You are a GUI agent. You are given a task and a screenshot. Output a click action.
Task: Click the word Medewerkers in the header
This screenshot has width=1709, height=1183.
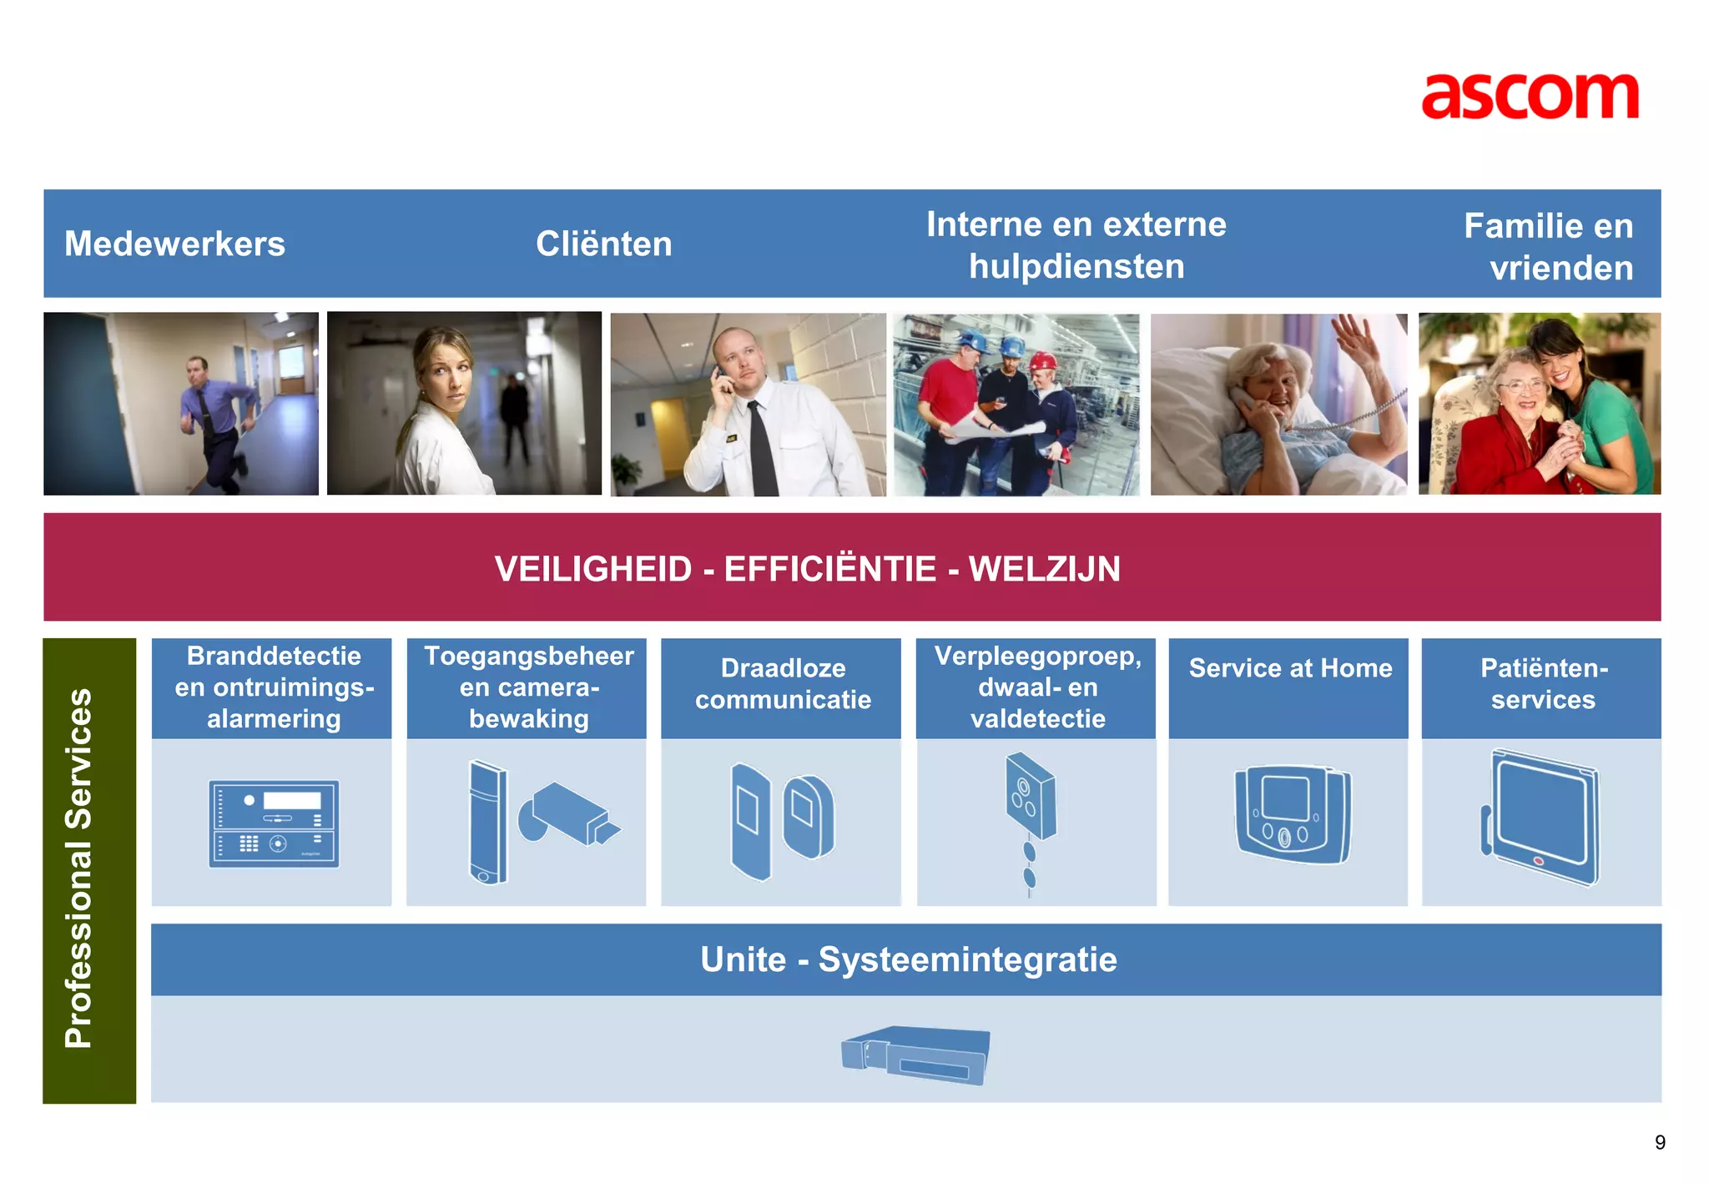coord(174,244)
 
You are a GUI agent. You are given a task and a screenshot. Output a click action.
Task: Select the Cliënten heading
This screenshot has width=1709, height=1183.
coord(603,244)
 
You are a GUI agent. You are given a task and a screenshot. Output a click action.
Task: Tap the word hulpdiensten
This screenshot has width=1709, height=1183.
coord(1076,267)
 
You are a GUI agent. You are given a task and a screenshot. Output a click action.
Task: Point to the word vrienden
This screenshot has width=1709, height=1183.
coord(1560,269)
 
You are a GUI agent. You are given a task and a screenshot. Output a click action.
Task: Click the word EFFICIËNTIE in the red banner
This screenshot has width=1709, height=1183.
coord(829,569)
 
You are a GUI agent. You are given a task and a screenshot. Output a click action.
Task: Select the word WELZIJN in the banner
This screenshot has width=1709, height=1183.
coord(1044,569)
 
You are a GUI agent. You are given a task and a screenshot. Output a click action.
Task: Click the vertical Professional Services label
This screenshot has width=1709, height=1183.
coord(79,868)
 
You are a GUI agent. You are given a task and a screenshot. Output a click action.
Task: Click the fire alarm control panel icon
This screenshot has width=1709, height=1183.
coord(274,823)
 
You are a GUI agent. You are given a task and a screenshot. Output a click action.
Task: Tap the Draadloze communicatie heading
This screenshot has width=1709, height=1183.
coord(782,683)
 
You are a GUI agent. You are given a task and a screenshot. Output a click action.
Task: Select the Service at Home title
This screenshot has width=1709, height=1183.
coord(1289,668)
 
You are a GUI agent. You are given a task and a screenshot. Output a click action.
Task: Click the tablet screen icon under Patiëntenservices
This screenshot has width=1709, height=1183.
coord(1544,815)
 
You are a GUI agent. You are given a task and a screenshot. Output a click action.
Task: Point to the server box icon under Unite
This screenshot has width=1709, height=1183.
coord(916,1055)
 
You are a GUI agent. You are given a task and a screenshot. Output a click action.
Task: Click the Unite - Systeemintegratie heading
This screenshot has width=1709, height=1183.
coord(908,959)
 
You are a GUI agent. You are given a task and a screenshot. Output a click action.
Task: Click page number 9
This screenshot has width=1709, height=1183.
coord(1659,1142)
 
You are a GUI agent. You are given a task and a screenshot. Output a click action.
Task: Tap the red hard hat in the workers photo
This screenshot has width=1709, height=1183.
coord(1042,361)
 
